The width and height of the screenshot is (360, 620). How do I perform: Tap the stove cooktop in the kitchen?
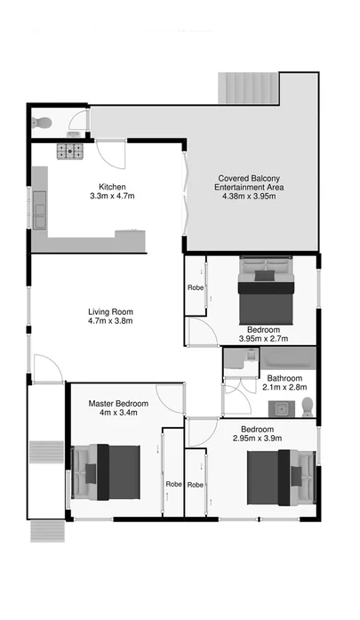tap(70, 152)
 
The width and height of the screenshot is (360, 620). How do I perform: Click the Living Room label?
tap(110, 311)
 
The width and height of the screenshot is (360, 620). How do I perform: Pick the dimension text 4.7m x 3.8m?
tap(110, 322)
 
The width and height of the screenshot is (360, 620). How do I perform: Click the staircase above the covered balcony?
tap(249, 88)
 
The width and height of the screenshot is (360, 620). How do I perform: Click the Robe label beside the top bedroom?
tap(195, 287)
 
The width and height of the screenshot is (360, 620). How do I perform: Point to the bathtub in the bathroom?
tap(284, 359)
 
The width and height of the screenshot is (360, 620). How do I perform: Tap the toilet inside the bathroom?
tap(308, 407)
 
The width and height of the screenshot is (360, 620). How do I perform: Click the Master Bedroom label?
tap(118, 404)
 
